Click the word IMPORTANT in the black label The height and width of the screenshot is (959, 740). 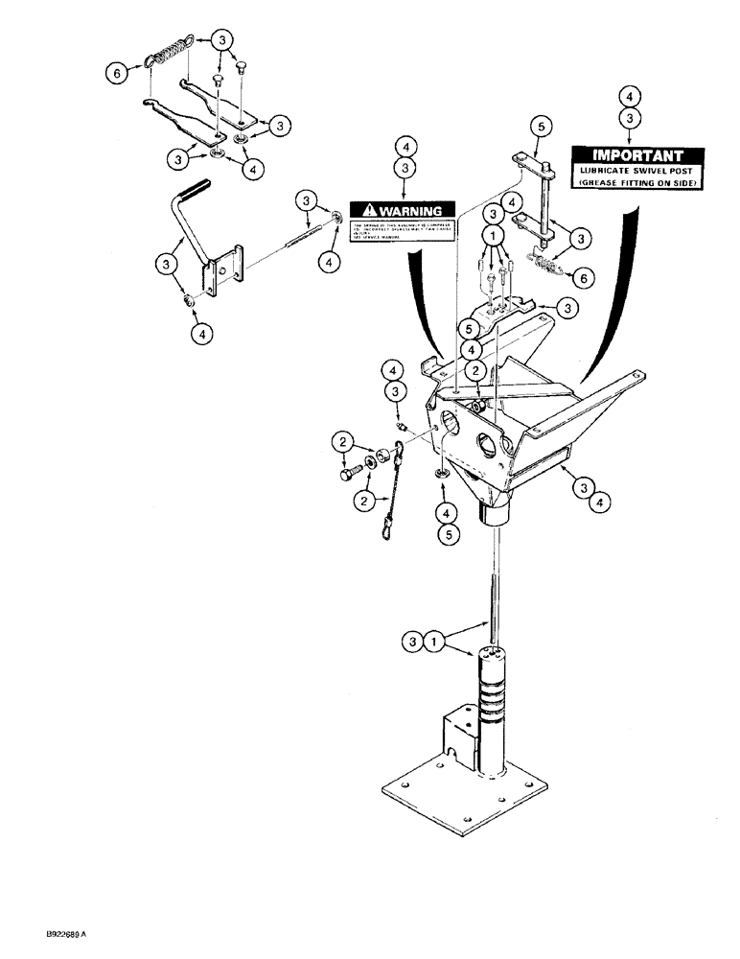coord(637,155)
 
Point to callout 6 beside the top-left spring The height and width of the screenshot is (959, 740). coord(117,73)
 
